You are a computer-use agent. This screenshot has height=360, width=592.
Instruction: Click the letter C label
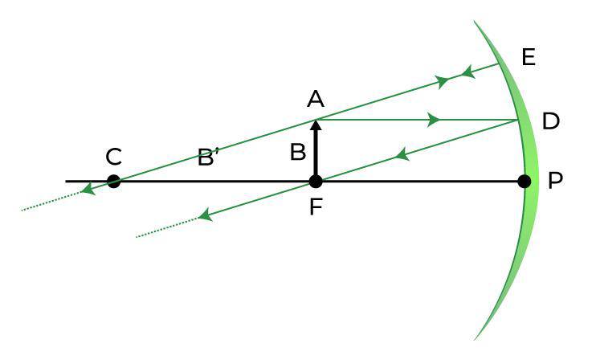tap(113, 157)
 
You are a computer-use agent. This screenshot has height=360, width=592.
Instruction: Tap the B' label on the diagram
tap(208, 157)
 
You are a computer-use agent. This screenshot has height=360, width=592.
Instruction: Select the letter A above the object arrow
tap(316, 100)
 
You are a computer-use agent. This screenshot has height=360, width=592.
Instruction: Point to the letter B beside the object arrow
tap(298, 153)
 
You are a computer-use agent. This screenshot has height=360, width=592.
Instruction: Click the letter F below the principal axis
tap(316, 207)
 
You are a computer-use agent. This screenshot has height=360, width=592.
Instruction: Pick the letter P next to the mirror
tap(555, 181)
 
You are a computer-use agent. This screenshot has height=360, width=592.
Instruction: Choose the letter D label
tap(551, 121)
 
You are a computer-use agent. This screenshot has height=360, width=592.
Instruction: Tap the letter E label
tap(529, 58)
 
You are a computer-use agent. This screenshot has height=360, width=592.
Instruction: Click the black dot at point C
tap(113, 182)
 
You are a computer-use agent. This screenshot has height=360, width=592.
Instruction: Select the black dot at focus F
tap(316, 182)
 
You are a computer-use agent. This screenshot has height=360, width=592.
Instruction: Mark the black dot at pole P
tap(524, 182)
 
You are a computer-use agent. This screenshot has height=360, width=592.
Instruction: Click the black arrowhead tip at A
tap(316, 120)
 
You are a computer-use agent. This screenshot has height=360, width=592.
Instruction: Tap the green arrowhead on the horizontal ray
tap(435, 120)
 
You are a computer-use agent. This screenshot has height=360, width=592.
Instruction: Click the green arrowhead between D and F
tap(402, 154)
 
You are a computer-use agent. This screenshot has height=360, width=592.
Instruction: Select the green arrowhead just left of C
tap(88, 190)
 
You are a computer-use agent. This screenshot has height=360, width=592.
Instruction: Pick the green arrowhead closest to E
tap(468, 72)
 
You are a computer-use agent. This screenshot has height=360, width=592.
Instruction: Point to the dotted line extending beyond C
tap(51, 201)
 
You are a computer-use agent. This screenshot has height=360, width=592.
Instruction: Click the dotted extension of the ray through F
tap(167, 227)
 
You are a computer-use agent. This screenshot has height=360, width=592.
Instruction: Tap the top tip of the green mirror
tap(475, 21)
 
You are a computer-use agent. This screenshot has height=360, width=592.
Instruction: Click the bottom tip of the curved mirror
tap(475, 340)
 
